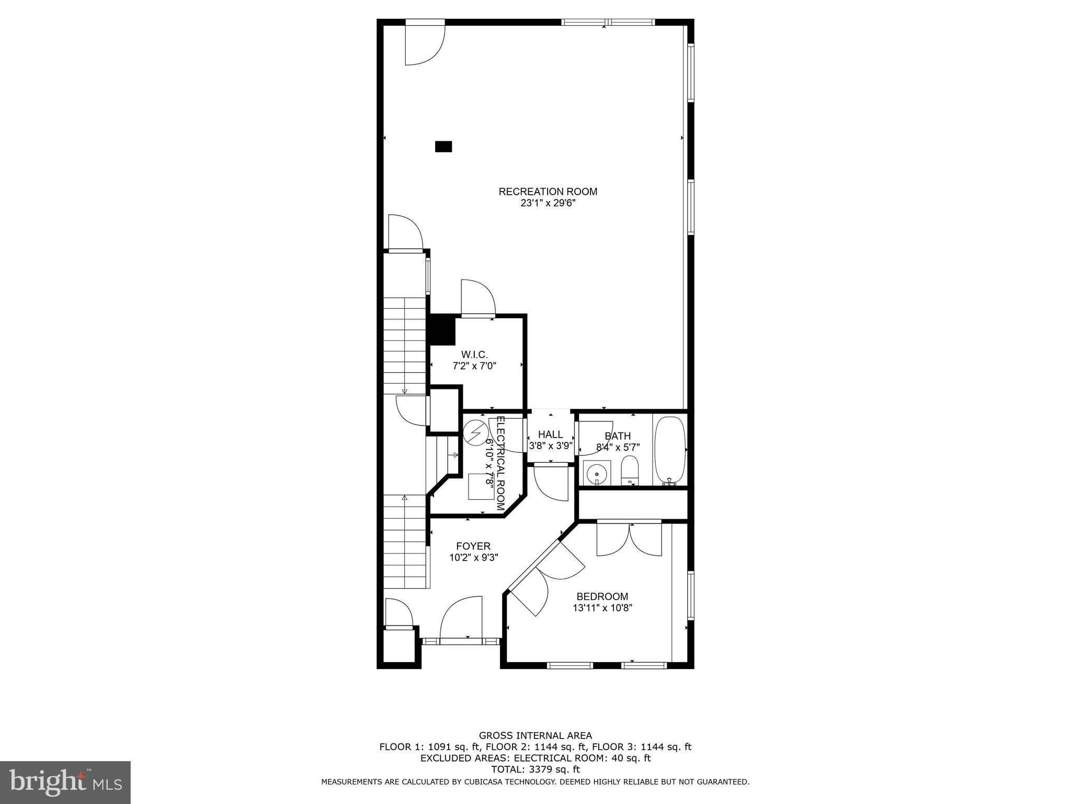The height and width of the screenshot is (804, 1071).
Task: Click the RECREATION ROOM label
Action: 548,192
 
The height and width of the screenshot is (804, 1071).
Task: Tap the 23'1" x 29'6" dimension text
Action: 548,203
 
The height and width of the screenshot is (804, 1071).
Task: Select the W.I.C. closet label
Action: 474,355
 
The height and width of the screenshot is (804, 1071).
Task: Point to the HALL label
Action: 550,434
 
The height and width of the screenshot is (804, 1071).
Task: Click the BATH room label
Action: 618,436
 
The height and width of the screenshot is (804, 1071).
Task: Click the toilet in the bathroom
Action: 629,470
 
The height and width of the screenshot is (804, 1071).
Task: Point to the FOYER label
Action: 473,546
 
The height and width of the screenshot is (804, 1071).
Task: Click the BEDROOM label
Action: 602,597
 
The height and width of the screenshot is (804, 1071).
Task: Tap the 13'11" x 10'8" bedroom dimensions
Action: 602,608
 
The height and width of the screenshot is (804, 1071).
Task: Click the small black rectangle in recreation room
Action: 443,147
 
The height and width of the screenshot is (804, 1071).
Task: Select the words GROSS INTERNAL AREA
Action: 535,736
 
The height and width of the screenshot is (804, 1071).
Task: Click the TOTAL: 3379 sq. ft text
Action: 535,769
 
